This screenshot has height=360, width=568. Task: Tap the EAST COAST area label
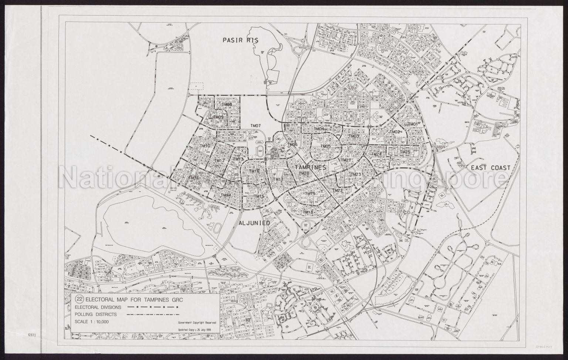pyautogui.click(x=490, y=168)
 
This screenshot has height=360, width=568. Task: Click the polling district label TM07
pyautogui.click(x=256, y=126)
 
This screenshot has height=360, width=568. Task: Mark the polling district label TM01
pyautogui.click(x=413, y=124)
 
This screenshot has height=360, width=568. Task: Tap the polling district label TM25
pyautogui.click(x=405, y=152)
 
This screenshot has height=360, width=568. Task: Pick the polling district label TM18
pyautogui.click(x=308, y=212)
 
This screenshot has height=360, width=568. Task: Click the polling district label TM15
pyautogui.click(x=259, y=196)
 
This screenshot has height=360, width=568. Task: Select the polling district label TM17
pyautogui.click(x=278, y=179)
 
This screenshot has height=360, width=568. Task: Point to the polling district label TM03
pyautogui.click(x=354, y=136)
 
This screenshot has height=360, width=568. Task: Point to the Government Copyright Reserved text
pyautogui.click(x=199, y=323)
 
